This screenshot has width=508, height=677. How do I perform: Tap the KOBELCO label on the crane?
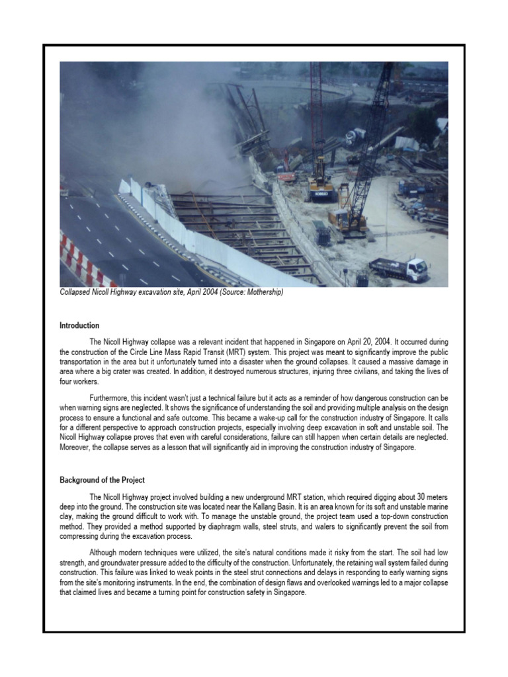(x=321, y=194)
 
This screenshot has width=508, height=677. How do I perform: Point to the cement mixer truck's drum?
(x=355, y=136)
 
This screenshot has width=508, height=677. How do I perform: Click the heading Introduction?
(x=79, y=325)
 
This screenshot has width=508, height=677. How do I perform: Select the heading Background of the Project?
(x=103, y=479)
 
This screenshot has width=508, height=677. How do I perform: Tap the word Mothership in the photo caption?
(x=263, y=292)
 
